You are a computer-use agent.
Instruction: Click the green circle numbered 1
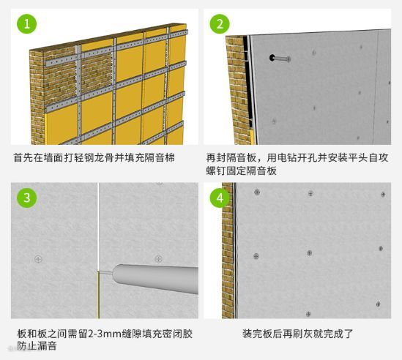(26, 24)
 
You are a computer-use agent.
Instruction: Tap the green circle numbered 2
(220, 24)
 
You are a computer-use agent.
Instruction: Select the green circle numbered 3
(26, 198)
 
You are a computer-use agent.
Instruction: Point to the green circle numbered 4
(220, 198)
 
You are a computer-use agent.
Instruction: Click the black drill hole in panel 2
(272, 57)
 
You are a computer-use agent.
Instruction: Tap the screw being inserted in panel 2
(282, 59)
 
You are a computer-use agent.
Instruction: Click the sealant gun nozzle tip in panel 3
(99, 272)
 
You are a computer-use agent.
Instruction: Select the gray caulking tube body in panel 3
(156, 279)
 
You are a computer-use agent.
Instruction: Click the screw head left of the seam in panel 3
(38, 259)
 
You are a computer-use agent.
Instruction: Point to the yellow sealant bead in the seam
(98, 295)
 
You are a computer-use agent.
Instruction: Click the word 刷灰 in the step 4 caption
(308, 334)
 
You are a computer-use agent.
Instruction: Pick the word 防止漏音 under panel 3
(37, 346)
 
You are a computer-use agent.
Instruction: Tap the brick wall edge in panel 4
(228, 250)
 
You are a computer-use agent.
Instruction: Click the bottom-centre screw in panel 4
(308, 314)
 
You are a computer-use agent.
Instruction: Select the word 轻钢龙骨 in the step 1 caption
(94, 157)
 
